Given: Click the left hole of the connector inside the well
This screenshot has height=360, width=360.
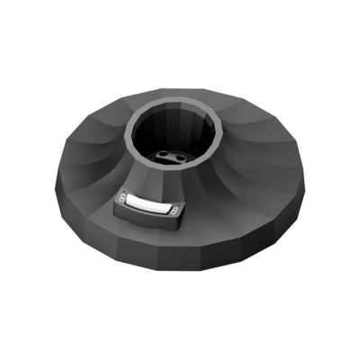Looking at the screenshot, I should [x=164, y=154].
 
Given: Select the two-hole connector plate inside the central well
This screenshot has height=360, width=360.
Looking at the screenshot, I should [x=169, y=156].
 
